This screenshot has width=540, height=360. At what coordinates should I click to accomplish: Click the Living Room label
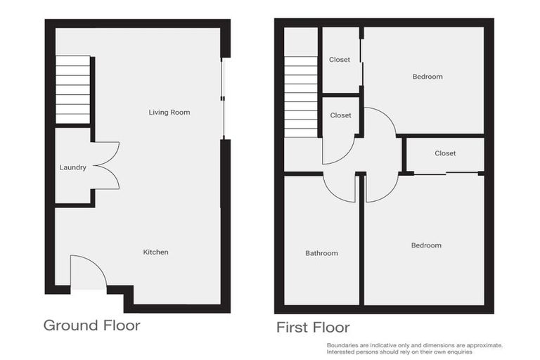click(x=169, y=112)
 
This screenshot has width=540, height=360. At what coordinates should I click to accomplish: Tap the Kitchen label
click(x=155, y=252)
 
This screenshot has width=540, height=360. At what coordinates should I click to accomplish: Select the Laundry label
click(x=73, y=167)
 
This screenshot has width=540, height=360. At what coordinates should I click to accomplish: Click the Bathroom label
click(x=321, y=253)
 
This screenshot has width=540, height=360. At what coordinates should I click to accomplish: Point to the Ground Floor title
click(x=91, y=326)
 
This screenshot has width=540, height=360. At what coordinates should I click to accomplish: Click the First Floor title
click(x=313, y=327)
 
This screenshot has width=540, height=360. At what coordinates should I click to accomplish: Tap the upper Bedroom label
click(x=427, y=77)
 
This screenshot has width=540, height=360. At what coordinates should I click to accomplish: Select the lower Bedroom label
click(x=426, y=245)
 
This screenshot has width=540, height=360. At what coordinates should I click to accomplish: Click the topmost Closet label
click(x=340, y=60)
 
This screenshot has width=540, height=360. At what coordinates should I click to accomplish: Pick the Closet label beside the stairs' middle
click(x=340, y=115)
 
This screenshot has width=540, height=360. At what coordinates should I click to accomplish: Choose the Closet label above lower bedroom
click(x=445, y=153)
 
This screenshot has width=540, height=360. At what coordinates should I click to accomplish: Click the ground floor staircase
click(x=73, y=89)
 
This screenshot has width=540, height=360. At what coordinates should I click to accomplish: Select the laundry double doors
click(x=105, y=166)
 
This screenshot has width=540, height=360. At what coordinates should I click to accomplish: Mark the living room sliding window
click(x=223, y=98)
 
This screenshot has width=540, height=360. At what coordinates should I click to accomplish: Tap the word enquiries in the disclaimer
click(x=458, y=352)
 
